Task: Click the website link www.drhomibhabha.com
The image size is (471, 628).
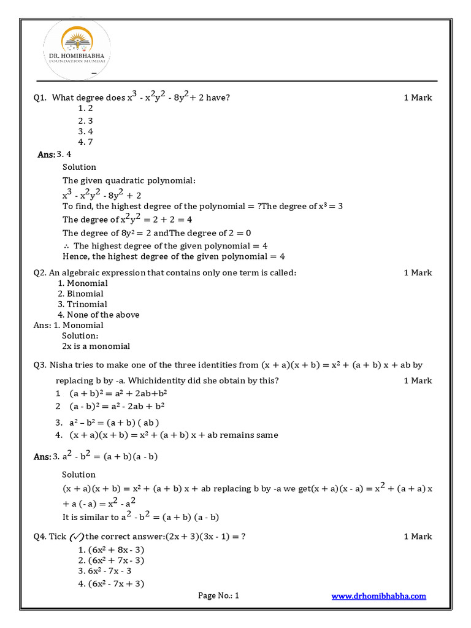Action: point(378,595)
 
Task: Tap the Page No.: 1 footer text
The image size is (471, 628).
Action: point(219,595)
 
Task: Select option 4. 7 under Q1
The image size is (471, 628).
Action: point(85,142)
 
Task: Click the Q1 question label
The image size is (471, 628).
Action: point(40,98)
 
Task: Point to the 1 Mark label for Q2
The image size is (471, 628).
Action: point(418,273)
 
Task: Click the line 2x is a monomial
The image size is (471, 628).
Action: point(96,347)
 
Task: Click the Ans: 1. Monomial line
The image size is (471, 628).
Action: point(68,325)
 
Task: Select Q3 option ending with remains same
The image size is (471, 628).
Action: point(167,435)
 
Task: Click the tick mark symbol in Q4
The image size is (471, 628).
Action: point(77,537)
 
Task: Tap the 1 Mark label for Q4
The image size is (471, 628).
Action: point(418,537)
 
